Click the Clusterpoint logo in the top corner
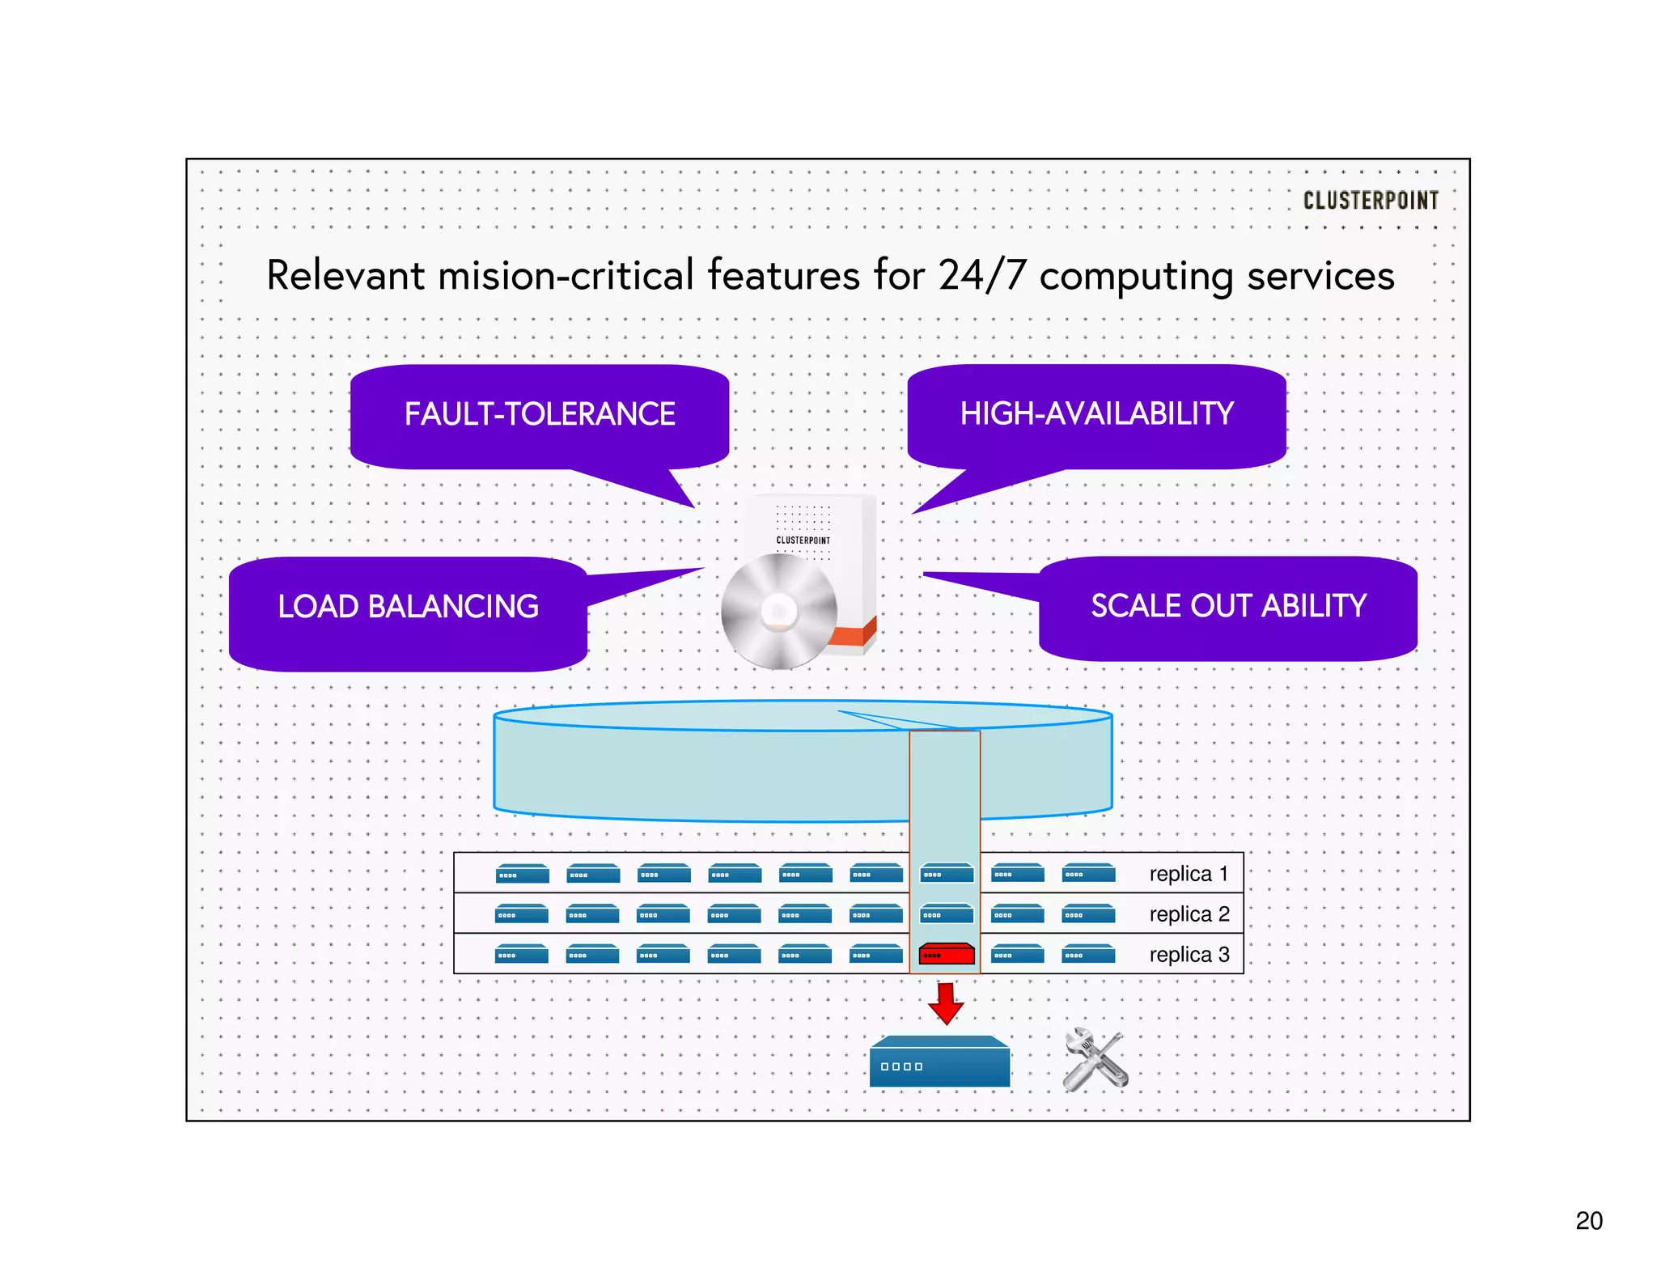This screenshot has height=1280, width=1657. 1370,200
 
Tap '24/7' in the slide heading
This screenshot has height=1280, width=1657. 981,275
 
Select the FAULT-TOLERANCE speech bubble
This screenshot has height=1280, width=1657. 540,415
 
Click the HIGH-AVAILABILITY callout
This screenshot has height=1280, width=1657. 1096,414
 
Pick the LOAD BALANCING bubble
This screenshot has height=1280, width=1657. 408,608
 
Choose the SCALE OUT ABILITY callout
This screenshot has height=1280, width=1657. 1227,607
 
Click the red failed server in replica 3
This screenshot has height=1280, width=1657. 946,955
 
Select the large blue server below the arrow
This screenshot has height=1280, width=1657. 939,1063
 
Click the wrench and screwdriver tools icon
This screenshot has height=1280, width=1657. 1095,1059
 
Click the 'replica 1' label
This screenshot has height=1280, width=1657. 1188,874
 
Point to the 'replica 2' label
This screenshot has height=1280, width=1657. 1189,914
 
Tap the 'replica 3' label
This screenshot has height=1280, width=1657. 1189,955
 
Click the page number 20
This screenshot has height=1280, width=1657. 1588,1220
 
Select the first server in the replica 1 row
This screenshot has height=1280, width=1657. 522,874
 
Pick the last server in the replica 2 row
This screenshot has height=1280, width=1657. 1088,914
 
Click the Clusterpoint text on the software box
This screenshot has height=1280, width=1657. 803,540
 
